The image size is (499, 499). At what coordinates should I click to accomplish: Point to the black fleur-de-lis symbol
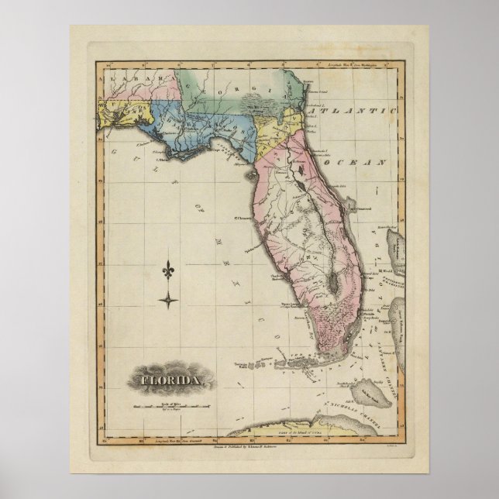tap(169, 270)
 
